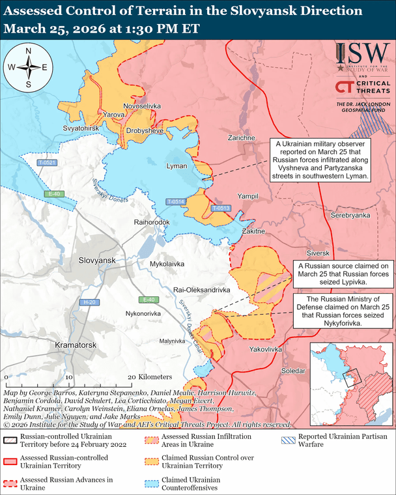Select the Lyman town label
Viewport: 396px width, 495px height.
tap(177, 167)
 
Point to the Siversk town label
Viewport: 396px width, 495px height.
tap(319, 253)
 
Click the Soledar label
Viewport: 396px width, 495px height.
tap(292, 371)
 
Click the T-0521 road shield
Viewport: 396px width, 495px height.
tap(47, 162)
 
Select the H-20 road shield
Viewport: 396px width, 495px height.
tap(90, 303)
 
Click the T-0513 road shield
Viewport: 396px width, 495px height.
tap(221, 208)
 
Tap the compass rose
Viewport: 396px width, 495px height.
tap(28, 67)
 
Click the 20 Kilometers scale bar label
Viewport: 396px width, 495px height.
tap(152, 377)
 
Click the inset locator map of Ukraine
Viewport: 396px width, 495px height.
tap(350, 378)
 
